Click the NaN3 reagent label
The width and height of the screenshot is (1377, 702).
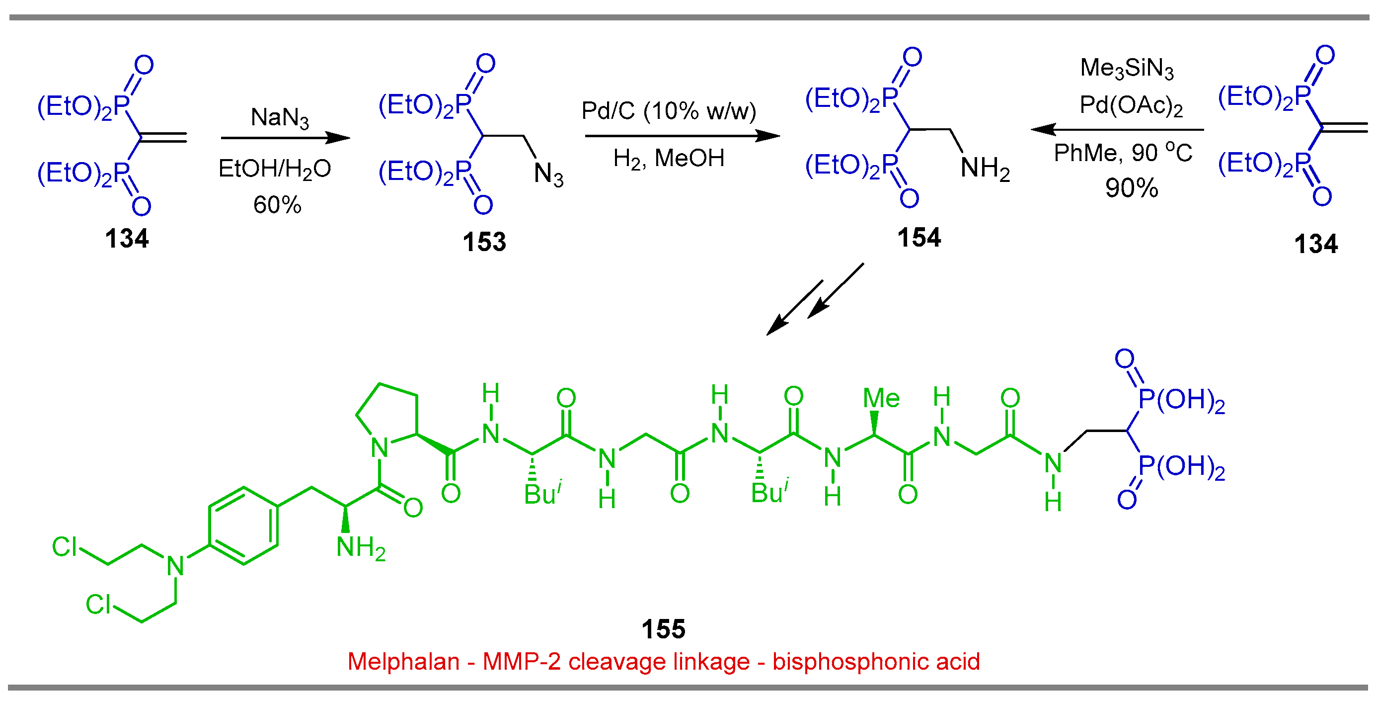tap(280, 117)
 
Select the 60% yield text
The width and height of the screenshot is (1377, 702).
tap(277, 204)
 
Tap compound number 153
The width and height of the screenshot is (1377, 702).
tap(484, 242)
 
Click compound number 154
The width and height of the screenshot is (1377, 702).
tap(918, 238)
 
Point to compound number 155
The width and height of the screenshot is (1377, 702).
tap(663, 629)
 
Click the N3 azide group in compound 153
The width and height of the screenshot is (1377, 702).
tap(548, 175)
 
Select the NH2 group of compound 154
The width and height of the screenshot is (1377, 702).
tap(985, 168)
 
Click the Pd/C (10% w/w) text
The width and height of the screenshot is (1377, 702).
tap(669, 111)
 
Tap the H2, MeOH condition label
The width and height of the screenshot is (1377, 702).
tap(668, 159)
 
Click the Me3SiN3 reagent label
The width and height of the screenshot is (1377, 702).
tap(1126, 69)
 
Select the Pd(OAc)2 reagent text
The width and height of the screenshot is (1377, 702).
tap(1131, 105)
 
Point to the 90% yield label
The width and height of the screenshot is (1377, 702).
tap(1131, 188)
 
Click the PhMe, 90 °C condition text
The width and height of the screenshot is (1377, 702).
tap(1123, 153)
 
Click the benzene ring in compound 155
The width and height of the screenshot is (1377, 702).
tap(244, 526)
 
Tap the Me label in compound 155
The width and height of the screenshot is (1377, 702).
tap(881, 399)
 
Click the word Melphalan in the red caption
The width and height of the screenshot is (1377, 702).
tap(403, 662)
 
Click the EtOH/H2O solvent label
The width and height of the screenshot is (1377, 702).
tap(275, 169)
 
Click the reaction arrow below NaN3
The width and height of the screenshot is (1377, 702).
tap(285, 138)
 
